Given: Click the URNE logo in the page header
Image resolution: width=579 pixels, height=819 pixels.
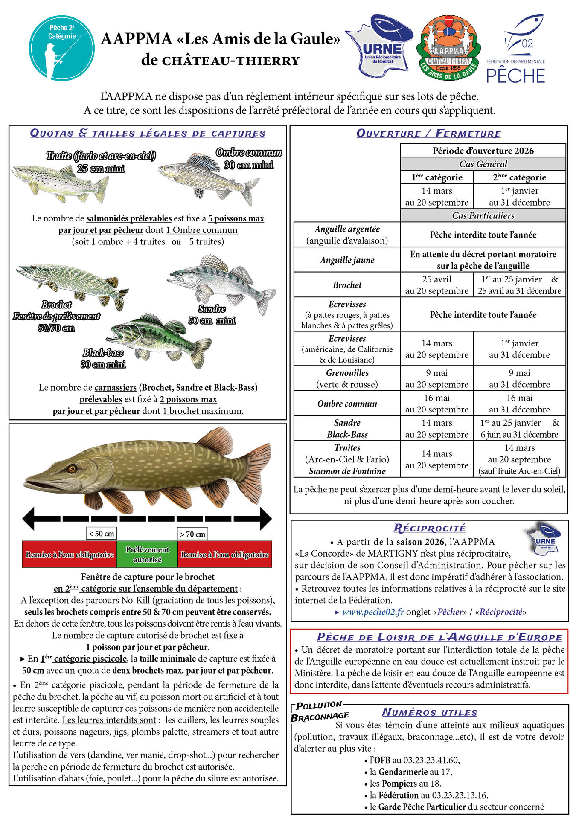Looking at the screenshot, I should [379, 46].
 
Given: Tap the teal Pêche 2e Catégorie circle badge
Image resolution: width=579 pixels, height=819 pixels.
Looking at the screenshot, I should [62, 48].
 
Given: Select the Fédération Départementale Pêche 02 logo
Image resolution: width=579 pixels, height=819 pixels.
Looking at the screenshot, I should [516, 49].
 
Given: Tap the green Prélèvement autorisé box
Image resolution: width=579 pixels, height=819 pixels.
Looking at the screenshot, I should [147, 554].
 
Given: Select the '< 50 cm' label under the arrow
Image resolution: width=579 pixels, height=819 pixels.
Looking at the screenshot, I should [102, 534].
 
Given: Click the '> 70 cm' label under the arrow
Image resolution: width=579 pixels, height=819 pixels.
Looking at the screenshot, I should [192, 534].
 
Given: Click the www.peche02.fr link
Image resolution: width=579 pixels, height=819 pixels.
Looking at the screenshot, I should [373, 612].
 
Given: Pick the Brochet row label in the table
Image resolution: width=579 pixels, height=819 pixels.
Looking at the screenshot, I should [347, 285].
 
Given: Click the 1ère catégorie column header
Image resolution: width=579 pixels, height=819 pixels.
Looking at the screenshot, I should [436, 177].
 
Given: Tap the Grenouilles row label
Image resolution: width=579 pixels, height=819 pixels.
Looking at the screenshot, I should [347, 378].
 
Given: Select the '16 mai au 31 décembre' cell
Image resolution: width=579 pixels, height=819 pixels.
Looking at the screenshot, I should [519, 403].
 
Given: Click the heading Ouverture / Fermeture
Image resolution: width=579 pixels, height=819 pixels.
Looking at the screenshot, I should [428, 134].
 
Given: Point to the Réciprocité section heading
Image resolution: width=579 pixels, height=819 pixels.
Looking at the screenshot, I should [429, 528].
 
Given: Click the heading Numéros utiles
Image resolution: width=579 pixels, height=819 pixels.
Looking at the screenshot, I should [430, 712].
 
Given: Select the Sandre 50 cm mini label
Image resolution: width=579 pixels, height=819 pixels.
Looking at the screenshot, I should [212, 314].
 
